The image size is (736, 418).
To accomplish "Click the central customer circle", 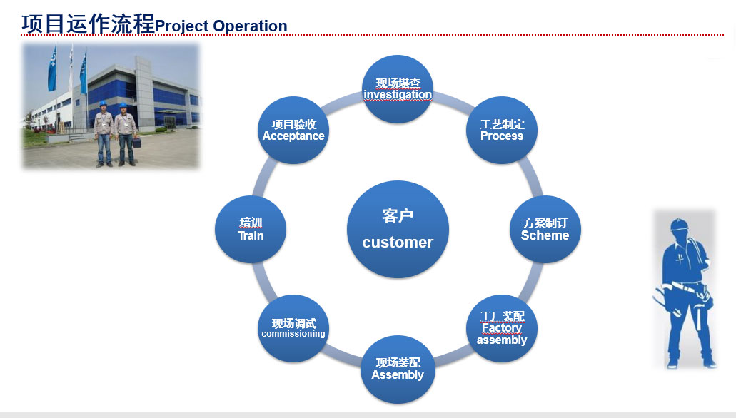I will click(398, 229).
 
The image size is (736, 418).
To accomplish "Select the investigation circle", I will click(398, 90).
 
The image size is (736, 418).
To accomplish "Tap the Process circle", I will click(502, 131).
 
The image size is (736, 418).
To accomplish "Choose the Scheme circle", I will click(545, 230).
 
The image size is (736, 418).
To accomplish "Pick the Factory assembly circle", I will click(502, 328).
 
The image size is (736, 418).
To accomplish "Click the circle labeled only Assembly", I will click(398, 369).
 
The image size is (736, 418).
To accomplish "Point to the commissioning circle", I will click(293, 328).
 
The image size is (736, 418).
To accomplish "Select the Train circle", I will click(251, 230).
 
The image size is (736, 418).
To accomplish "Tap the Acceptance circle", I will click(293, 131).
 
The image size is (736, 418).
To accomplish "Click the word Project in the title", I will click(182, 26).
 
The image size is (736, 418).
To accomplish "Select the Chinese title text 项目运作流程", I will click(88, 24).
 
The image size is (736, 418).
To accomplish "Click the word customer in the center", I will click(398, 243).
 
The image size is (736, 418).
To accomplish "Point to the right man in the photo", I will click(126, 133).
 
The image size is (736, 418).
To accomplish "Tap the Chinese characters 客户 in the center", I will click(398, 215).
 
